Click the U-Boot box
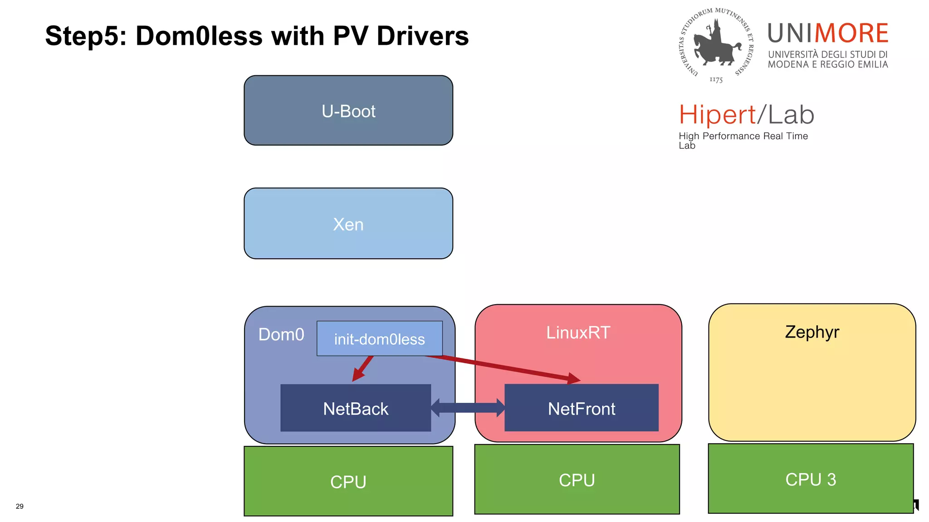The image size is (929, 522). [x=348, y=111]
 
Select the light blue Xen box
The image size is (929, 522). [x=348, y=224]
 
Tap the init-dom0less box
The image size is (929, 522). [x=379, y=339]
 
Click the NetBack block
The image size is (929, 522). [x=355, y=408]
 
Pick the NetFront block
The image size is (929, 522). [x=581, y=408]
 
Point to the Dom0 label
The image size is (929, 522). [x=281, y=334]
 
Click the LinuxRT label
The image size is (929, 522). [x=578, y=333]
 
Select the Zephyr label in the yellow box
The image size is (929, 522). [x=812, y=332]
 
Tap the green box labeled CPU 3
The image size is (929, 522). [x=811, y=479]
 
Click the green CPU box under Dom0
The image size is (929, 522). [x=348, y=481]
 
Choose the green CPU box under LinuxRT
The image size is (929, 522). [x=577, y=479]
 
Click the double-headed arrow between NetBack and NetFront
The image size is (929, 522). [x=467, y=407]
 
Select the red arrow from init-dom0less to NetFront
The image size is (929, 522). [x=504, y=368]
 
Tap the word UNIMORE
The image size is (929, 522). [x=827, y=34]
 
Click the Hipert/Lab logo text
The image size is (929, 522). [x=746, y=115]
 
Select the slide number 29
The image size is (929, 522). [x=20, y=506]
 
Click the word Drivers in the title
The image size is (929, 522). [x=422, y=36]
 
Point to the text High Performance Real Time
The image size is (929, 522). [x=743, y=136]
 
